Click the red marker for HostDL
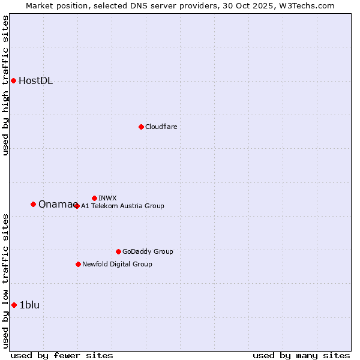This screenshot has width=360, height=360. (x=13, y=80)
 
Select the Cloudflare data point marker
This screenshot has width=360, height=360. (x=141, y=127)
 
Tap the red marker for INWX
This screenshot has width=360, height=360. (x=94, y=198)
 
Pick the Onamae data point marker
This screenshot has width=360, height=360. (x=33, y=204)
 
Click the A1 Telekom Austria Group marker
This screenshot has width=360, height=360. (x=77, y=206)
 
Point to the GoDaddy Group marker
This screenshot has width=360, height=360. (x=118, y=251)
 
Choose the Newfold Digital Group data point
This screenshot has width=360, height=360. (x=78, y=264)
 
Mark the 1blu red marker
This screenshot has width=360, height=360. (x=14, y=305)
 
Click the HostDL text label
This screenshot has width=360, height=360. (x=35, y=81)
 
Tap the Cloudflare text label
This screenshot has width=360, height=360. (x=161, y=127)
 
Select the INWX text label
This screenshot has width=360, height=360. (x=107, y=198)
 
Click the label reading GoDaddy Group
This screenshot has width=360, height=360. (x=148, y=251)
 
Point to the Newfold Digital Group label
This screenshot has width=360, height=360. (x=117, y=264)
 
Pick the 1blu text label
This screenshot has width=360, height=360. (x=29, y=305)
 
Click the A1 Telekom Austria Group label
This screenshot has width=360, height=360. (x=122, y=206)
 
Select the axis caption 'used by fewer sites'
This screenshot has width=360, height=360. (x=62, y=355)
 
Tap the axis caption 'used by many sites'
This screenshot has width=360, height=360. (x=301, y=355)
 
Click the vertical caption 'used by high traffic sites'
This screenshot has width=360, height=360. (x=6, y=85)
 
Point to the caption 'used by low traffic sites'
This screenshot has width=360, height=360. (x=6, y=281)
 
